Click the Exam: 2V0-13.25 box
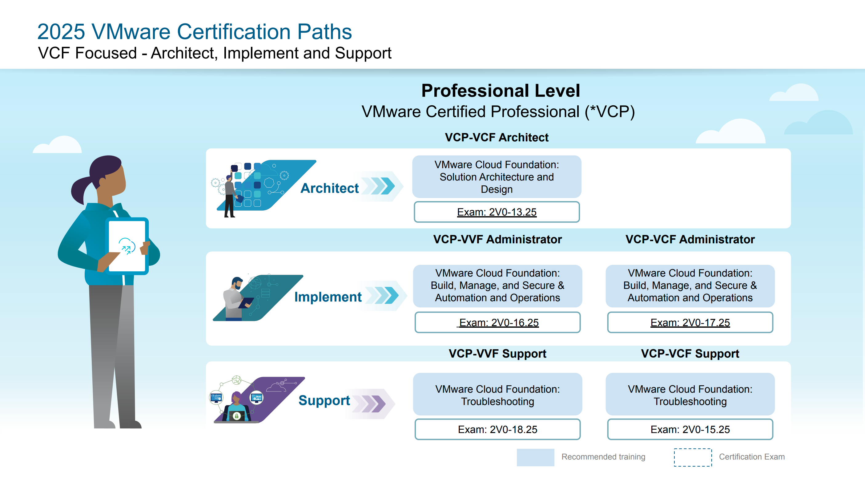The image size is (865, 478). point(497,212)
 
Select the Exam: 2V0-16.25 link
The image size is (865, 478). point(499,322)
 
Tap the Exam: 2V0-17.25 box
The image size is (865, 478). point(690,322)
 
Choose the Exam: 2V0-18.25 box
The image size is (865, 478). point(497,429)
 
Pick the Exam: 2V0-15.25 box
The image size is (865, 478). point(690,429)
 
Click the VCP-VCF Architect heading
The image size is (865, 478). point(496,137)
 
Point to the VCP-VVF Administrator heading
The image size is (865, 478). point(497,239)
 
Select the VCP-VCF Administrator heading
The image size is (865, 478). point(690,239)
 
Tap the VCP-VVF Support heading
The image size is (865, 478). point(497,353)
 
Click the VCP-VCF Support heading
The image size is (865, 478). point(690,353)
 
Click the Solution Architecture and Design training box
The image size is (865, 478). point(497,177)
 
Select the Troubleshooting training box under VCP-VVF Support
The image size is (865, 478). point(497,395)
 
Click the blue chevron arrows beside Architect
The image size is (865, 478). point(383,186)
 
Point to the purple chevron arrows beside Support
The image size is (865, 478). point(373,403)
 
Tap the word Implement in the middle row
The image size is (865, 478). point(328,297)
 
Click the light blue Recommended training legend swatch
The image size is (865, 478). point(535,457)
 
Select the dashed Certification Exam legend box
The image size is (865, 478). point(692,457)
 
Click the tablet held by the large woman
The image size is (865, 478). point(127,246)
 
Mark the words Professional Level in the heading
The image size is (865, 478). point(500,91)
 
